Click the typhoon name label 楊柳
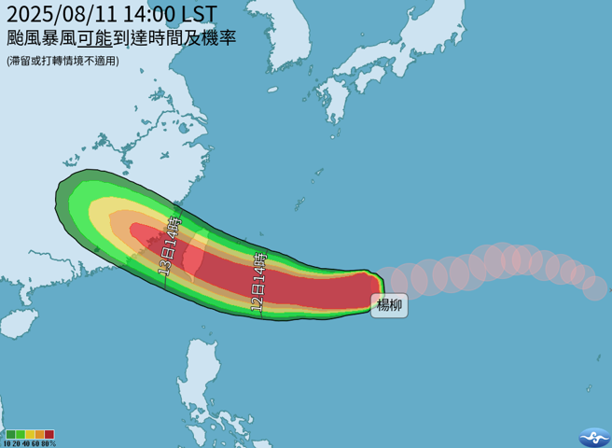coord(389,305)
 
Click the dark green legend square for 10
coord(10,434)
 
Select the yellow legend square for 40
coord(30,434)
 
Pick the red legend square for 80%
coord(49,434)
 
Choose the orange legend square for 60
coord(39,434)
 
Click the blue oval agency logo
coord(593,436)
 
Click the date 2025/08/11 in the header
coord(58,14)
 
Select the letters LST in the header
coord(200,14)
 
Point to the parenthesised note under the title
coord(63,62)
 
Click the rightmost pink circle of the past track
coord(595,288)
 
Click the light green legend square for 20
coord(20,434)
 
